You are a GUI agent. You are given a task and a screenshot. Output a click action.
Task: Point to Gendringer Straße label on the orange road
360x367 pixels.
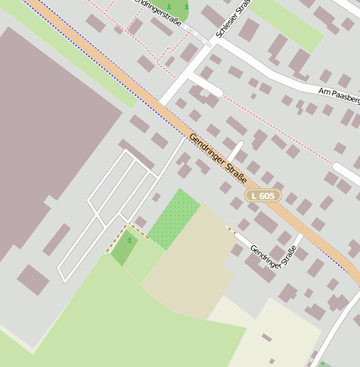217,157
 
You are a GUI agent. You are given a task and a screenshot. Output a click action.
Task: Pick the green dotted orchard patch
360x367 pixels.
175,220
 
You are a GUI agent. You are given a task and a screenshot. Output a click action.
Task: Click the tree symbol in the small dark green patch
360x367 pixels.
129,240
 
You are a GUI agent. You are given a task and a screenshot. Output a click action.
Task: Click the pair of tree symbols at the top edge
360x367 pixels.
175,8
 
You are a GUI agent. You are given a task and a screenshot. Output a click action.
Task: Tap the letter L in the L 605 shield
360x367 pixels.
255,196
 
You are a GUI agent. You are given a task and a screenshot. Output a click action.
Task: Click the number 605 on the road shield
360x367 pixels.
267,196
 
